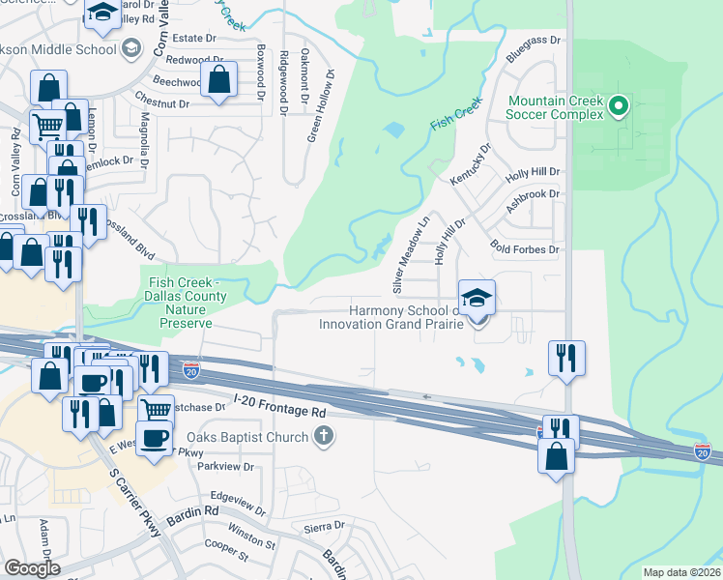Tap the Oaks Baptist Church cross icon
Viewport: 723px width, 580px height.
tap(324, 437)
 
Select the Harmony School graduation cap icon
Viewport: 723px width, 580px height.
tap(477, 300)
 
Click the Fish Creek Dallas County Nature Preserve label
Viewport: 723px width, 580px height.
tap(187, 303)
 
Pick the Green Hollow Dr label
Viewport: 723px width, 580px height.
tap(321, 107)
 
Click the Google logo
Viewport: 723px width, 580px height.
tap(32, 568)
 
